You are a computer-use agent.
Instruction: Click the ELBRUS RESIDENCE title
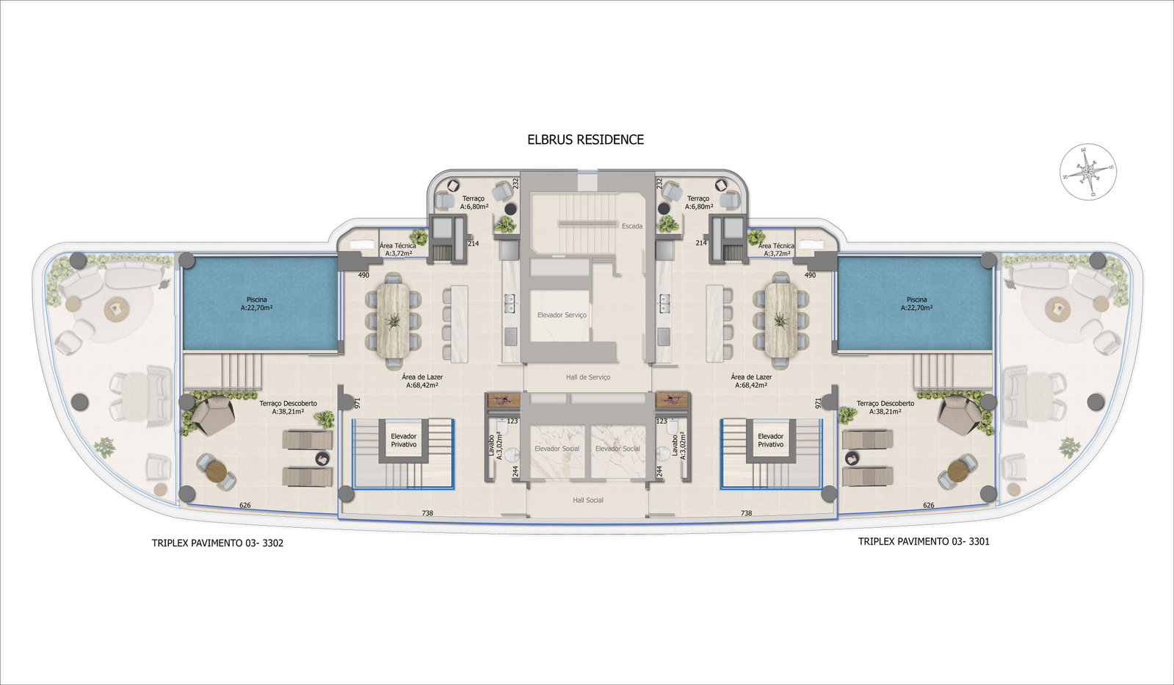[585, 139]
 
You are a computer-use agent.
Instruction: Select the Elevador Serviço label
[562, 315]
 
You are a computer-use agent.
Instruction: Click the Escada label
[632, 226]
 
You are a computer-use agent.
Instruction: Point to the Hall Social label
[588, 500]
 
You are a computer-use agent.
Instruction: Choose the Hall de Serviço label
[588, 377]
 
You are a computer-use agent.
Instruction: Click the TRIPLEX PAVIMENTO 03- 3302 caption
[217, 543]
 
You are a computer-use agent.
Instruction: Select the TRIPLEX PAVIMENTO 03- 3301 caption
[924, 541]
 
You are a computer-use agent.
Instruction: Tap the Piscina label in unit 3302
[257, 304]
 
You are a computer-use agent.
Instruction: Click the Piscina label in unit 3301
[917, 304]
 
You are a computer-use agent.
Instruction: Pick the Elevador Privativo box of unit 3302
[404, 441]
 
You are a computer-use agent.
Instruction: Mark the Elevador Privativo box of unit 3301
[770, 441]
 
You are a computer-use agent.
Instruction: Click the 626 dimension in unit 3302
[244, 505]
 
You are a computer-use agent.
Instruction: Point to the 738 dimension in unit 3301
[747, 513]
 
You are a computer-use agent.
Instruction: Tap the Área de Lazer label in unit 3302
[422, 380]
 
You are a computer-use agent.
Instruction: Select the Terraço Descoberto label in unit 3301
[885, 407]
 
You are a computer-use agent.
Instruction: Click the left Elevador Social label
[557, 449]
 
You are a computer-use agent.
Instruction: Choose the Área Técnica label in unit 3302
[398, 249]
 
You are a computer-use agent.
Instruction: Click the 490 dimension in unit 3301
[811, 275]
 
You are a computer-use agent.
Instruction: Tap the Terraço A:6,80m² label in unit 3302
[474, 203]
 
